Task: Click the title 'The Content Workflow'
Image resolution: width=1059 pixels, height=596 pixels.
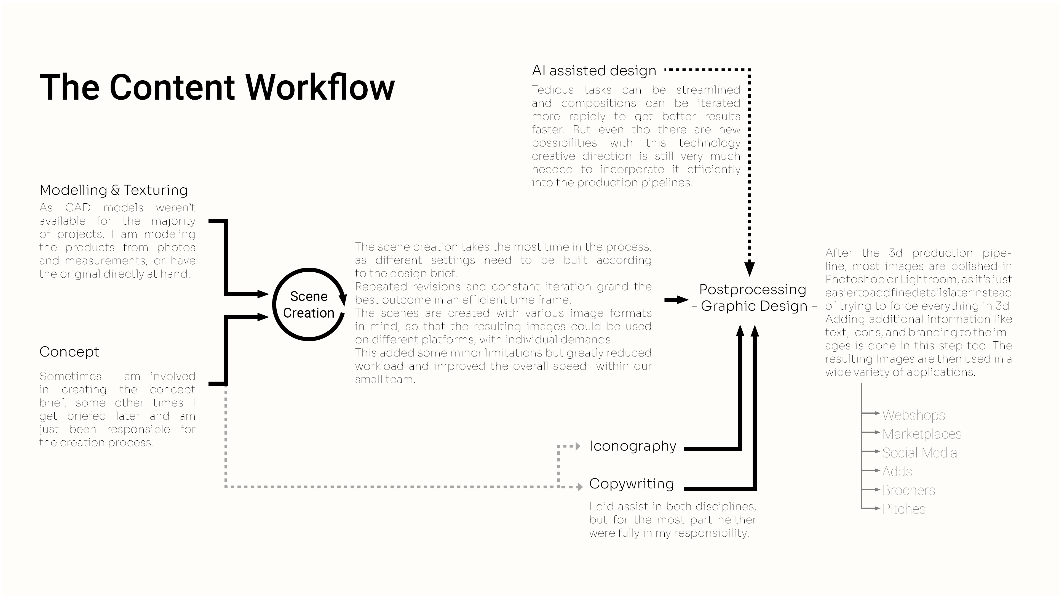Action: click(217, 87)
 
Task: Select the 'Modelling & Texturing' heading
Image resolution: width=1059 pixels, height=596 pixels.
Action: click(113, 190)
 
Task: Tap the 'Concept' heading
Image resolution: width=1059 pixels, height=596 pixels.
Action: click(69, 352)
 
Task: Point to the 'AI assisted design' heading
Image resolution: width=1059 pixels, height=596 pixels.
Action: click(594, 71)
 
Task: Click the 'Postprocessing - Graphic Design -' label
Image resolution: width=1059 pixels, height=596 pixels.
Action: click(753, 297)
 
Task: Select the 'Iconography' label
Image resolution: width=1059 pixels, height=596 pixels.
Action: click(632, 446)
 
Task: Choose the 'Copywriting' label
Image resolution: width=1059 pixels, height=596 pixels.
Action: click(632, 484)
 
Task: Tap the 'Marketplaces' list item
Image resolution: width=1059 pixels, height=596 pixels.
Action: click(922, 434)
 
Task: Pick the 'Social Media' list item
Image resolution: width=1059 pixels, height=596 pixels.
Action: click(919, 453)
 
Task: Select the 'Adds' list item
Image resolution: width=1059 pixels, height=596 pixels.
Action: click(897, 471)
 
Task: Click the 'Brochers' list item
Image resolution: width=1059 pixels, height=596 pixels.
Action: click(908, 490)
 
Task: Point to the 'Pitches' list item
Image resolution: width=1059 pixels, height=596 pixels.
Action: click(904, 509)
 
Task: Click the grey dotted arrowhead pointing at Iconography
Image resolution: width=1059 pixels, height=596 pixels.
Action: click(577, 446)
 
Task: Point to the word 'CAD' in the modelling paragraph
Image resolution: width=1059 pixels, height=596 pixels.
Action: click(78, 208)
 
